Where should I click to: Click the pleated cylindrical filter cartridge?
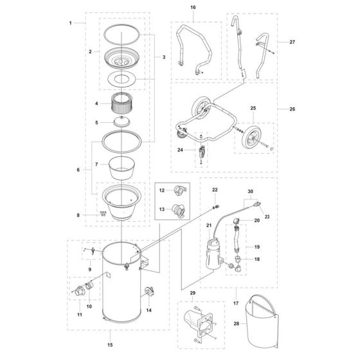[x=122, y=103]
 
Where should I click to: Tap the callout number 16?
[x=193, y=7]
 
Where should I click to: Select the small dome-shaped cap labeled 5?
[x=122, y=122]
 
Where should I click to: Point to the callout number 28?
[x=237, y=323]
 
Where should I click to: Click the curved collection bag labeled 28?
[x=262, y=321]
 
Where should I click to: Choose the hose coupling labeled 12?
[x=180, y=190]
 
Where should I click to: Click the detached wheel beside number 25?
[x=252, y=138]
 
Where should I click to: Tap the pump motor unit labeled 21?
[x=215, y=254]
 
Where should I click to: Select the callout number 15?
[x=110, y=345]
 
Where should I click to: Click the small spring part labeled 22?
[x=215, y=207]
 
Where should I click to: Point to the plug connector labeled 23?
[x=256, y=204]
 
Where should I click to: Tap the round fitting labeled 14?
[x=150, y=292]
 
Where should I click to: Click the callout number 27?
[x=292, y=42]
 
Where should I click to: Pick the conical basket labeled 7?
[x=122, y=168]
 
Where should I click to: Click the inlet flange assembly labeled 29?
[x=201, y=324]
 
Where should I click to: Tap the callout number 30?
[x=251, y=192]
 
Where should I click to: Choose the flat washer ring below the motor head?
[x=122, y=79]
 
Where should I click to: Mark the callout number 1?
[x=71, y=23]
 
